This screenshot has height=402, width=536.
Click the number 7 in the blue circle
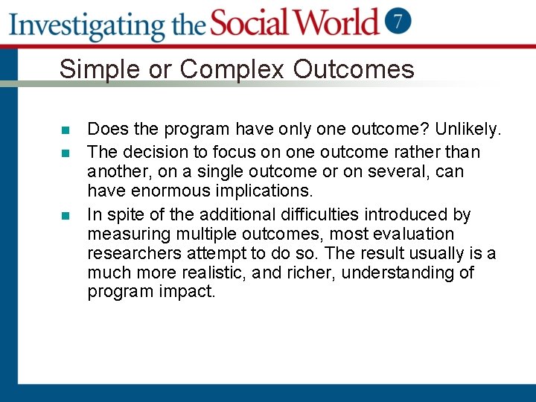(x=400, y=21)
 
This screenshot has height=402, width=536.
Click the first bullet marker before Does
(x=65, y=131)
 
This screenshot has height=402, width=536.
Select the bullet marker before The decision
(x=65, y=153)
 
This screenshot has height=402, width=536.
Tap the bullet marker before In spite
(x=65, y=216)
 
